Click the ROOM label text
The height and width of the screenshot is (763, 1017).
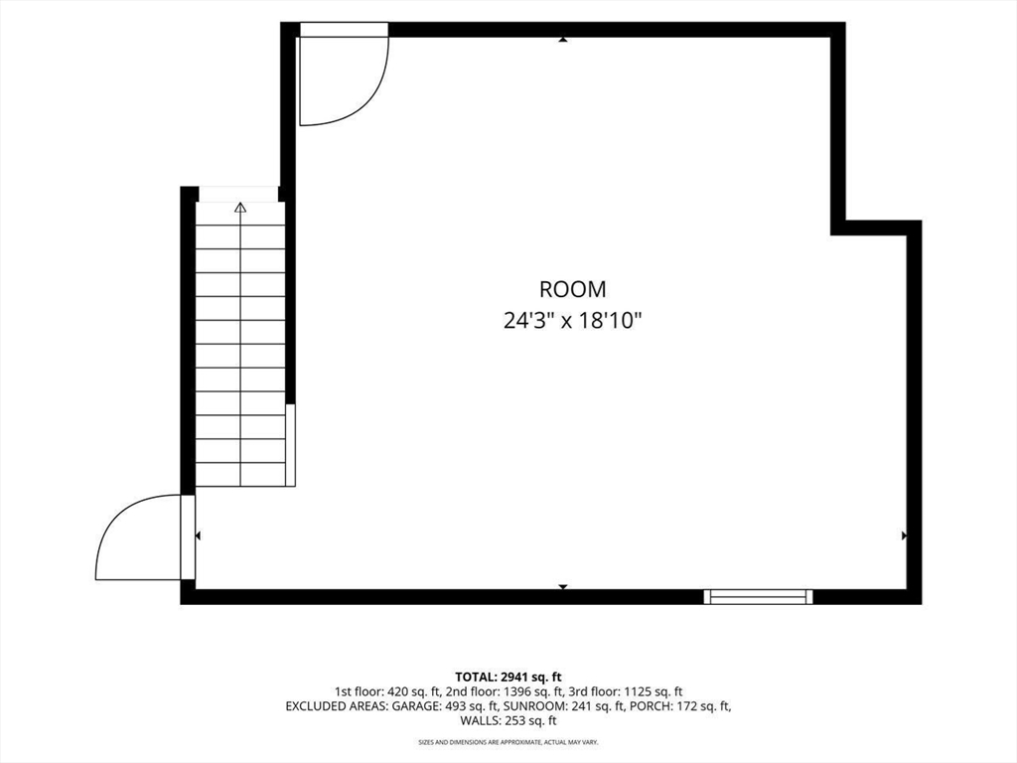click(573, 289)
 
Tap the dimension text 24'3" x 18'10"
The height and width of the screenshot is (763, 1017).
click(573, 321)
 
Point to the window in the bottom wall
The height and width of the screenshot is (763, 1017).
click(758, 597)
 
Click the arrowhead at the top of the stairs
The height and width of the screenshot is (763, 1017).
click(240, 208)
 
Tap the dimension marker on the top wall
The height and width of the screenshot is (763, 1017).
click(563, 40)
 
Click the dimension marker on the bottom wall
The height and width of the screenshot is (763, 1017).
click(563, 586)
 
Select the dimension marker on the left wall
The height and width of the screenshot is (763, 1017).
click(198, 535)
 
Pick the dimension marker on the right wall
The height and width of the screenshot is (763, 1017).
click(904, 535)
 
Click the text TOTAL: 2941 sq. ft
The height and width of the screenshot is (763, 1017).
click(508, 678)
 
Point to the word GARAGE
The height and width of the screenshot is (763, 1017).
click(416, 706)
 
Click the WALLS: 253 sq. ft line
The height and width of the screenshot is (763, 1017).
click(508, 721)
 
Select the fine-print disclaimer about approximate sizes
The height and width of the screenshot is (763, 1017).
click(508, 741)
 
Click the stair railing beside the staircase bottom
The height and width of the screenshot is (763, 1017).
click(291, 445)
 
